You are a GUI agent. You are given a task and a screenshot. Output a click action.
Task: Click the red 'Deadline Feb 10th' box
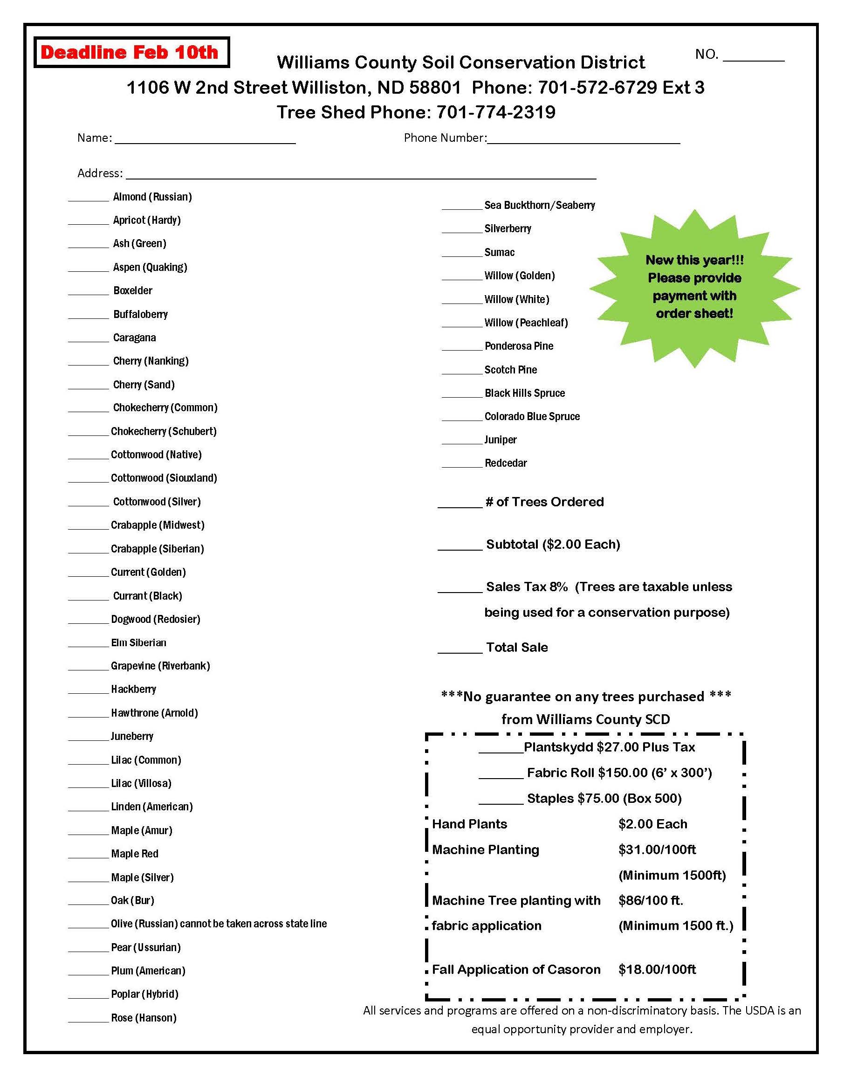(131, 52)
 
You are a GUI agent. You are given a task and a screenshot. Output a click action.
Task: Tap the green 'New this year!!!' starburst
(694, 288)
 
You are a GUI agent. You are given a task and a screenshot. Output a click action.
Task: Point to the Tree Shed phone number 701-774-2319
(495, 112)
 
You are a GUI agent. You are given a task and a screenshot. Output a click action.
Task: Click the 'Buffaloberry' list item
(140, 314)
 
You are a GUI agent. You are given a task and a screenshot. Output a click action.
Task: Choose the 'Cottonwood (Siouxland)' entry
(164, 478)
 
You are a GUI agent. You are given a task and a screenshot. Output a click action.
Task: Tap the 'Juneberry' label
(132, 736)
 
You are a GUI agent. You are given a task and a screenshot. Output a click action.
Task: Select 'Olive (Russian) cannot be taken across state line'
(219, 923)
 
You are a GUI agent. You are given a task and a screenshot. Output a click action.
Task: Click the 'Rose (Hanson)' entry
(143, 1018)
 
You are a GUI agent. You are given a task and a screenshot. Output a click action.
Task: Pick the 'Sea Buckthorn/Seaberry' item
(540, 205)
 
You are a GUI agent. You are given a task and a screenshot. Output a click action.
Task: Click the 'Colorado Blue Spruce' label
(532, 416)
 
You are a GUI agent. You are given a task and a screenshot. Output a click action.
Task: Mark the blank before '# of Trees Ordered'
(460, 504)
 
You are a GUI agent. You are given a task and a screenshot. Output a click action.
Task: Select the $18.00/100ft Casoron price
(657, 969)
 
